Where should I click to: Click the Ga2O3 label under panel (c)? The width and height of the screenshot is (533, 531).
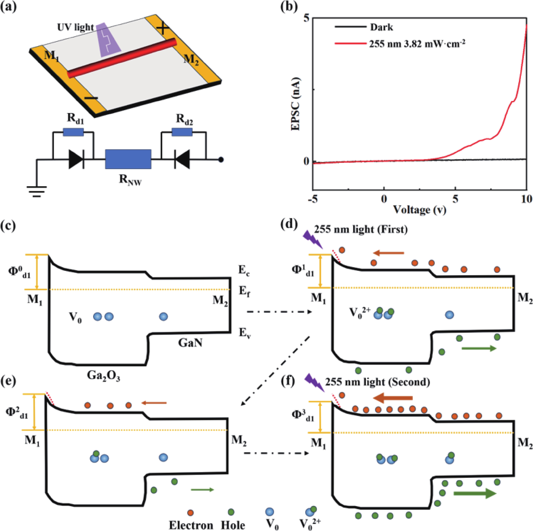pos(103,376)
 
